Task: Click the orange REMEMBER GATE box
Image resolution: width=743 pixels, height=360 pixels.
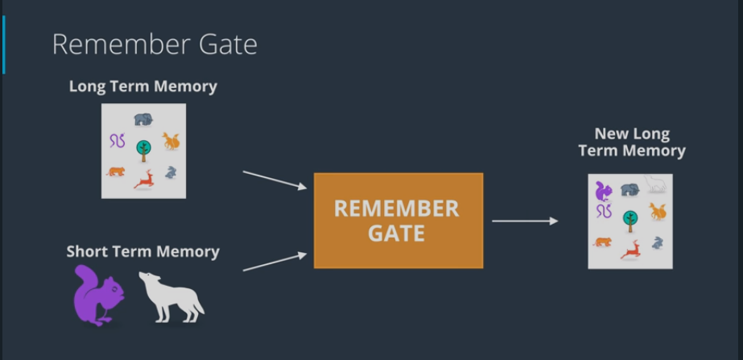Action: coord(398,221)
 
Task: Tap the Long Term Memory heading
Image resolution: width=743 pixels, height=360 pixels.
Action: coord(143,86)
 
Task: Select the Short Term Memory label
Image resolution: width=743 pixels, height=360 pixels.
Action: coord(142,251)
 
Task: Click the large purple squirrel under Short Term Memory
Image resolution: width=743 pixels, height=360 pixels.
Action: coord(97,296)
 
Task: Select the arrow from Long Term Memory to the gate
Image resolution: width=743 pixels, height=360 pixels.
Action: coord(274,180)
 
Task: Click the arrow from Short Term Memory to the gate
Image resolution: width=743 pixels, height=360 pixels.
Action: coord(274,263)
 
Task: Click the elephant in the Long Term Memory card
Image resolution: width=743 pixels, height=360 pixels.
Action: coord(143,119)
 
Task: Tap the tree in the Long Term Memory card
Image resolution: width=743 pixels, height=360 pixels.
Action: coord(143,148)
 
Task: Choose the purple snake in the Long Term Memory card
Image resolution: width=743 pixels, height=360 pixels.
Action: coord(118,142)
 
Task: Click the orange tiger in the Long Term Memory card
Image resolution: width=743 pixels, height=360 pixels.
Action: coord(116,172)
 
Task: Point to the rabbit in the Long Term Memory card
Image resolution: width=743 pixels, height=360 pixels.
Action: coord(171,172)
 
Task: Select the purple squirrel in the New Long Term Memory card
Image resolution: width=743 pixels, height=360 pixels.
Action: coord(603,191)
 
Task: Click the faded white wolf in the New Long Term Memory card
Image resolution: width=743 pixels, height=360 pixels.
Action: coord(657,185)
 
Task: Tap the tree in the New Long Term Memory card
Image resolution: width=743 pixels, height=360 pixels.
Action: coord(631,217)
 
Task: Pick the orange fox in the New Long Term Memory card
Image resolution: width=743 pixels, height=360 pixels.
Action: coord(658,212)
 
